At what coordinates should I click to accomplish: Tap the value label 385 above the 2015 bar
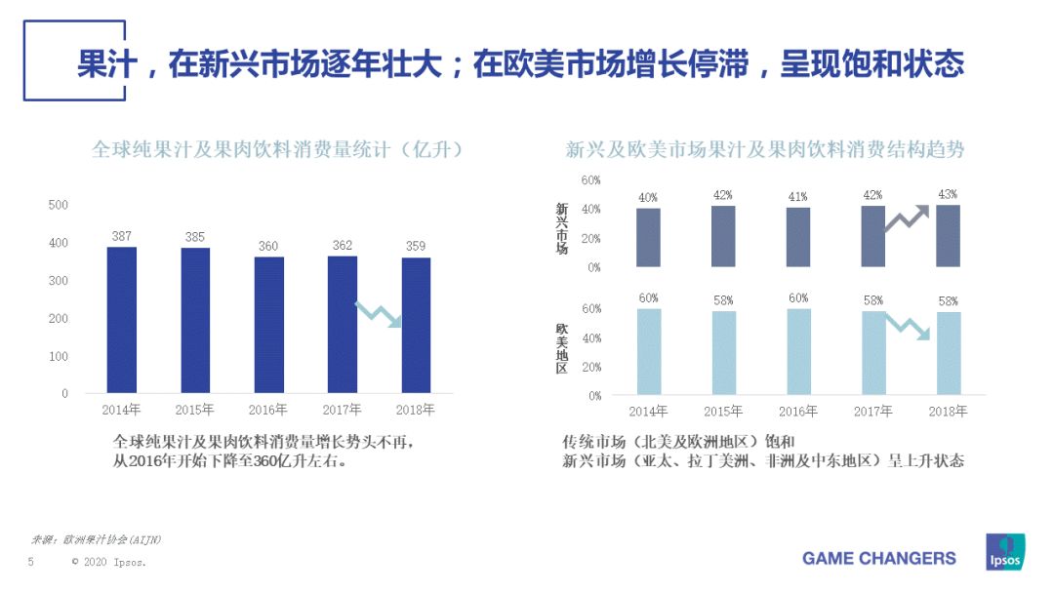tap(195, 237)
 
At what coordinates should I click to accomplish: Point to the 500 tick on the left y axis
tap(59, 205)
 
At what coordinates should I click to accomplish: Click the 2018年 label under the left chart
tap(416, 410)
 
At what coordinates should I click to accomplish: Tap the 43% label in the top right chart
tap(947, 194)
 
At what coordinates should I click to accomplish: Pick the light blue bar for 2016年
tap(798, 351)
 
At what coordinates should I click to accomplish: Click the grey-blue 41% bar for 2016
tap(798, 237)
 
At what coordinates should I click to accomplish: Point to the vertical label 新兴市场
tap(562, 228)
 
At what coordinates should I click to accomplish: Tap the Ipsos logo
tap(1006, 553)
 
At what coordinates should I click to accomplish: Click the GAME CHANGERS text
tap(878, 559)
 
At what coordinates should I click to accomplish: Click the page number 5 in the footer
tap(30, 563)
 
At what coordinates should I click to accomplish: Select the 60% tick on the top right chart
tap(590, 180)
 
